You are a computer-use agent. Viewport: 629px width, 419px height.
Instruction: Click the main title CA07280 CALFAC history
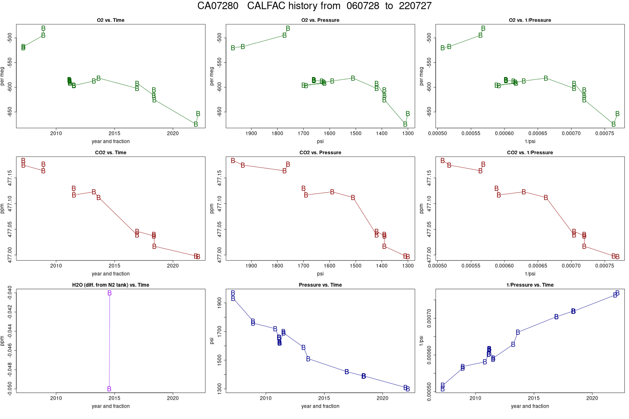314,6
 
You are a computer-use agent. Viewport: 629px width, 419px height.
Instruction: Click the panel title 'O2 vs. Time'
111,20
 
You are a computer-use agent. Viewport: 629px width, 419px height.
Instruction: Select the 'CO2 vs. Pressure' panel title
320,153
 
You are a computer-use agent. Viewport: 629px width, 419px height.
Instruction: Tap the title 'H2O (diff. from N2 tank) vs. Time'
111,285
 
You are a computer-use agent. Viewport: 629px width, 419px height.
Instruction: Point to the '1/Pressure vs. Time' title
530,285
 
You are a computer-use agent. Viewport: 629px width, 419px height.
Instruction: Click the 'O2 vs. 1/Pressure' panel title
530,20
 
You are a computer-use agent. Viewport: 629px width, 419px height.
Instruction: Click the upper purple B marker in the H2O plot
109,293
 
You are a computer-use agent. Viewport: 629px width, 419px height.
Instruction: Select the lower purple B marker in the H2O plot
109,389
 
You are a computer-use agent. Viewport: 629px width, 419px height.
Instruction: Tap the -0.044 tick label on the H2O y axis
10,331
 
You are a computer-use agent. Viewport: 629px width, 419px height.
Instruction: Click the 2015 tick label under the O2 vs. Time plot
114,133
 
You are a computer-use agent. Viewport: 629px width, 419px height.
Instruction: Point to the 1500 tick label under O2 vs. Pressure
356,133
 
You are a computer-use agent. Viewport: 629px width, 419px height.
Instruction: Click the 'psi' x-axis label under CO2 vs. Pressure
320,274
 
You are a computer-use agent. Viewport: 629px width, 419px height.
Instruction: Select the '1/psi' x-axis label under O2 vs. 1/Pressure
530,141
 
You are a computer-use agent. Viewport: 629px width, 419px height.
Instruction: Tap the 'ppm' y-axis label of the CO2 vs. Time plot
3,208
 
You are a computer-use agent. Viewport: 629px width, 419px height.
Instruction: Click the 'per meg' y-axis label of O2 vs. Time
3,76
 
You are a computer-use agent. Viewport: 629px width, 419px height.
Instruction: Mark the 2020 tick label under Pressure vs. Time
382,398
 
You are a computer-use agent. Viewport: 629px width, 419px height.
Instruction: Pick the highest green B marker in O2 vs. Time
43,28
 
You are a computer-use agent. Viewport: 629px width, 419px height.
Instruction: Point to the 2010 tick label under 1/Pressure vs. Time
475,398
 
